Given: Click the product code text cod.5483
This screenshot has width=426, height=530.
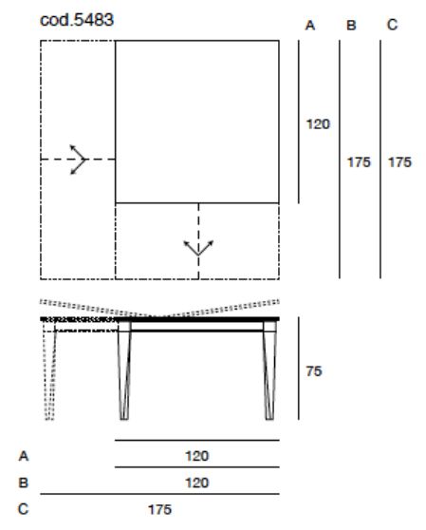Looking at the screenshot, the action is coord(77,20).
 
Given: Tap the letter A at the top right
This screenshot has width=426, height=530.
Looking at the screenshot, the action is coord(310,26).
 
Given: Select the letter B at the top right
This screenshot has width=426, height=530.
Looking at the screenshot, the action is coord(351,26).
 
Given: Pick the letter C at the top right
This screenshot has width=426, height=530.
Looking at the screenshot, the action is coord(392,25).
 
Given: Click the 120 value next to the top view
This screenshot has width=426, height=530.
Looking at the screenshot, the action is coord(318,124).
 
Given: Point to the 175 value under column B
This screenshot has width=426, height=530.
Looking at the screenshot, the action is coord(359,162).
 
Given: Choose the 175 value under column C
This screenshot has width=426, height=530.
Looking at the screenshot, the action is coord(399,162).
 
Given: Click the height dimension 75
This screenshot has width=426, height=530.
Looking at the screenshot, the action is coord(314,371).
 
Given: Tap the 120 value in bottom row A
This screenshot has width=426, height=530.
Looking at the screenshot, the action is coord(197,456).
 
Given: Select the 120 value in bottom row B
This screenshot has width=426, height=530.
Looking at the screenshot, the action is coord(197,483).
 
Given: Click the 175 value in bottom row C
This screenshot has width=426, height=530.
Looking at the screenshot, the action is coord(159,509).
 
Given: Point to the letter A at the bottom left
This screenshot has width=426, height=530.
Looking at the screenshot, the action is coord(24,456).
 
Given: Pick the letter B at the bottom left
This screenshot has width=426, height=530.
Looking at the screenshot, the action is coord(24,483).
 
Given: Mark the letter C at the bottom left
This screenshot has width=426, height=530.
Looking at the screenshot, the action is coord(24,509).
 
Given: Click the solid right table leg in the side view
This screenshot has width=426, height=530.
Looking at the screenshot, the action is coord(269,370).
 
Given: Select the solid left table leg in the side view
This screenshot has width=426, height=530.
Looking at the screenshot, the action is coord(124,370).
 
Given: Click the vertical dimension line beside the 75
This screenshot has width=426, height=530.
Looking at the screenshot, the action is coord(299,369).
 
